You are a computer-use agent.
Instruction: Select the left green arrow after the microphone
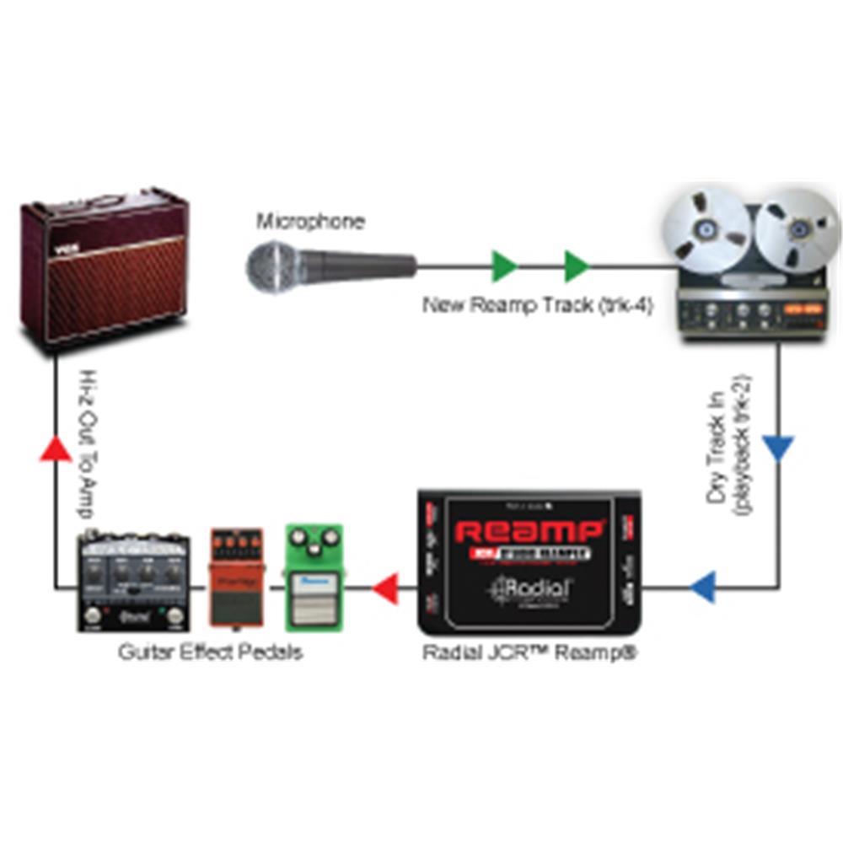point(504,266)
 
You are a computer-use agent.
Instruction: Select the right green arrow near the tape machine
point(577,266)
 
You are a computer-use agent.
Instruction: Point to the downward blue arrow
point(779,448)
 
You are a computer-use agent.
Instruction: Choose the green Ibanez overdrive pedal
point(314,577)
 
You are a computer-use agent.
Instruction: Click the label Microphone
point(311,223)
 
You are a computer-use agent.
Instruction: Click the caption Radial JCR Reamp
point(529,652)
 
